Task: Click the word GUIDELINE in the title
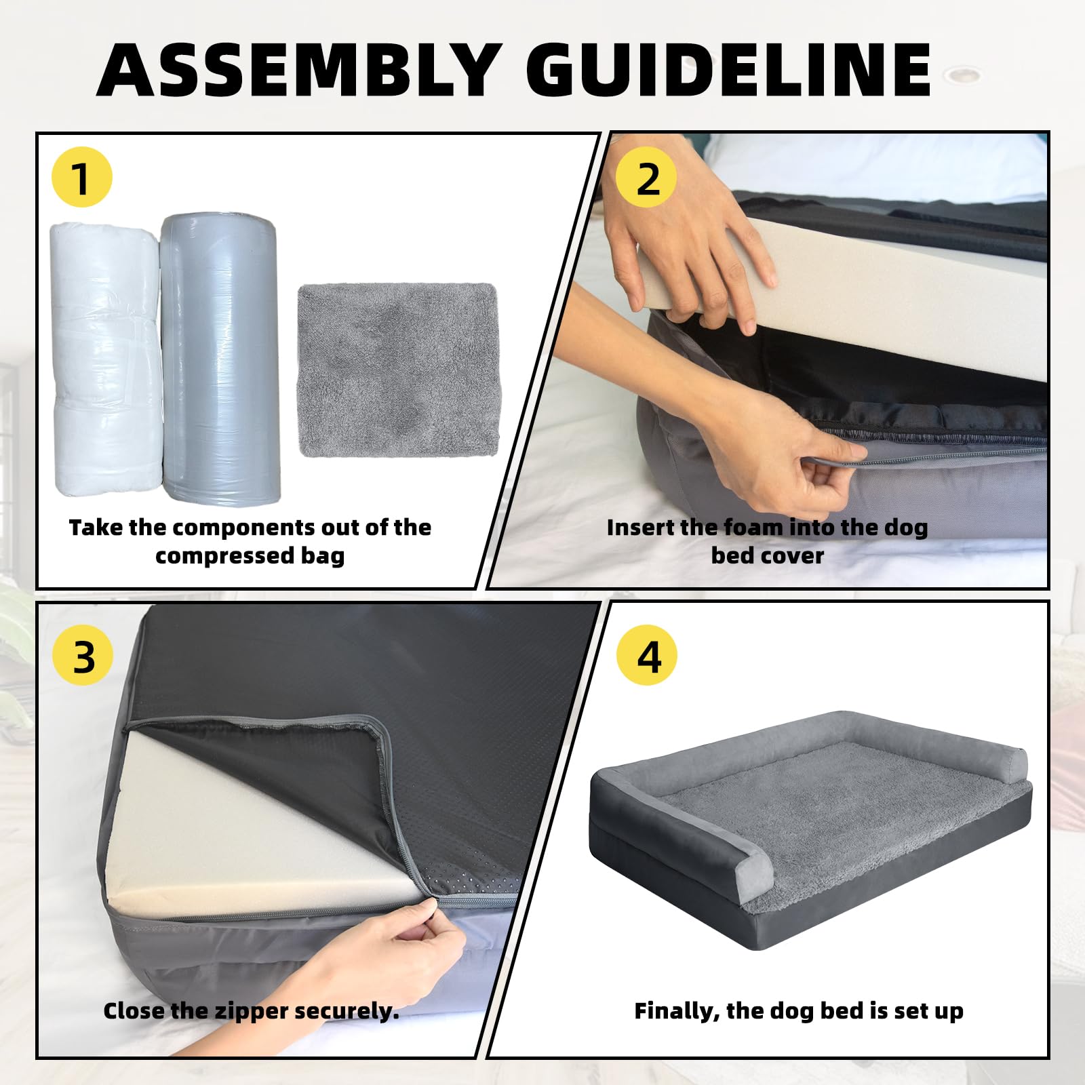[x=729, y=70]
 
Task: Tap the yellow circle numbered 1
[x=81, y=178]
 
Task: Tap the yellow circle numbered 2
[x=646, y=178]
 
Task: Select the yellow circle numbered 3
[x=83, y=656]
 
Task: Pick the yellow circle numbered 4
[x=647, y=656]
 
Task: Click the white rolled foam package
[x=106, y=359]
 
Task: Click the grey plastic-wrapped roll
[x=220, y=359]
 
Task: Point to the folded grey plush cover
[x=399, y=370]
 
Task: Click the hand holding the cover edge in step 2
[x=780, y=448]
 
